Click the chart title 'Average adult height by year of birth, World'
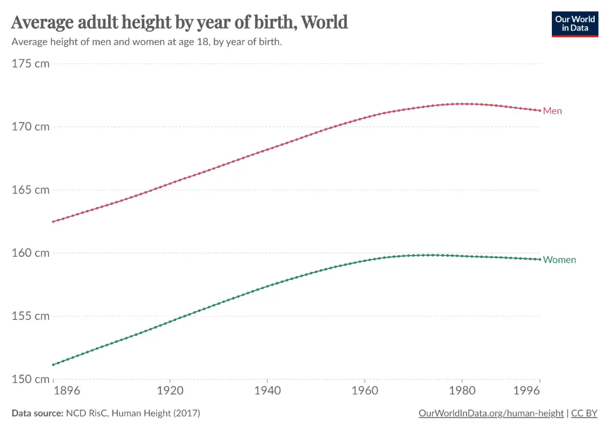pyautogui.click(x=179, y=22)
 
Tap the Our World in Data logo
pyautogui.click(x=574, y=23)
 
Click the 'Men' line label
pyautogui.click(x=552, y=111)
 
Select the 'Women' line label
pyautogui.click(x=559, y=260)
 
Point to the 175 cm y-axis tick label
pyautogui.click(x=30, y=63)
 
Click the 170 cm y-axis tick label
pyautogui.click(x=30, y=126)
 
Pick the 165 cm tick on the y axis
pyautogui.click(x=30, y=190)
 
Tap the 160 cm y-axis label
pyautogui.click(x=30, y=253)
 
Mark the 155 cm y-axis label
pyautogui.click(x=30, y=316)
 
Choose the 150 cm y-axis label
pyautogui.click(x=30, y=379)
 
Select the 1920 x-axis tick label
pyautogui.click(x=170, y=390)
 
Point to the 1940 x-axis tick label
pyautogui.click(x=267, y=390)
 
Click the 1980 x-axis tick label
pyautogui.click(x=462, y=390)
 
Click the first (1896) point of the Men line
pyautogui.click(x=53, y=221)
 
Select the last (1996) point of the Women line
pyautogui.click(x=540, y=260)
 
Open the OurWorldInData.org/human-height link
pyautogui.click(x=491, y=414)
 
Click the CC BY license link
pyautogui.click(x=584, y=414)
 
